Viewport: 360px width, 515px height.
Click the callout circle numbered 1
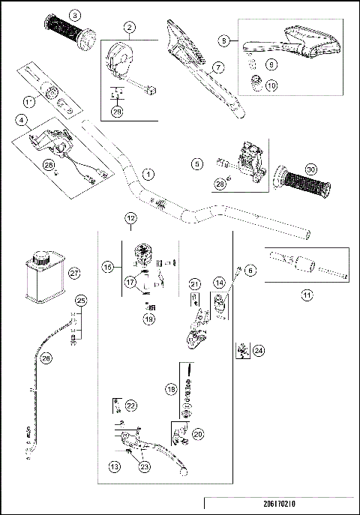(x=148, y=173)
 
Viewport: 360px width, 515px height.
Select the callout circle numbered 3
(x=73, y=15)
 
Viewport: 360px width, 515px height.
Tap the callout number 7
(x=218, y=67)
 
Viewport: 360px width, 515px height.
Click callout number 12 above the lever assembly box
(x=131, y=218)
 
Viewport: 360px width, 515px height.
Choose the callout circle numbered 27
(x=52, y=274)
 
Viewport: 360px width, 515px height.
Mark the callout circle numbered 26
(x=46, y=358)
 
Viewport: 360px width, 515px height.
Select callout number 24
(x=259, y=349)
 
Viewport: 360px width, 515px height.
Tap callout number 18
(x=170, y=390)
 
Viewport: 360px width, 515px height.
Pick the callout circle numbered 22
(x=131, y=406)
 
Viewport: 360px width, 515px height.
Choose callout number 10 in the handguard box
(x=271, y=85)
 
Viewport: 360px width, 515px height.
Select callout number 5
(x=197, y=162)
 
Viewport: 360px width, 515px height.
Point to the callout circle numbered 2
(x=130, y=28)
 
